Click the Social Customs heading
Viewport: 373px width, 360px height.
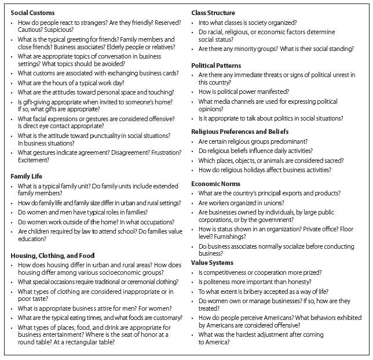click(32, 12)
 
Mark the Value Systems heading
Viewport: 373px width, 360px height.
click(214, 263)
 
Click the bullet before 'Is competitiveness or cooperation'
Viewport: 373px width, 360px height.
click(194, 272)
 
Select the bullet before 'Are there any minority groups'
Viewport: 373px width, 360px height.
click(194, 49)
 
